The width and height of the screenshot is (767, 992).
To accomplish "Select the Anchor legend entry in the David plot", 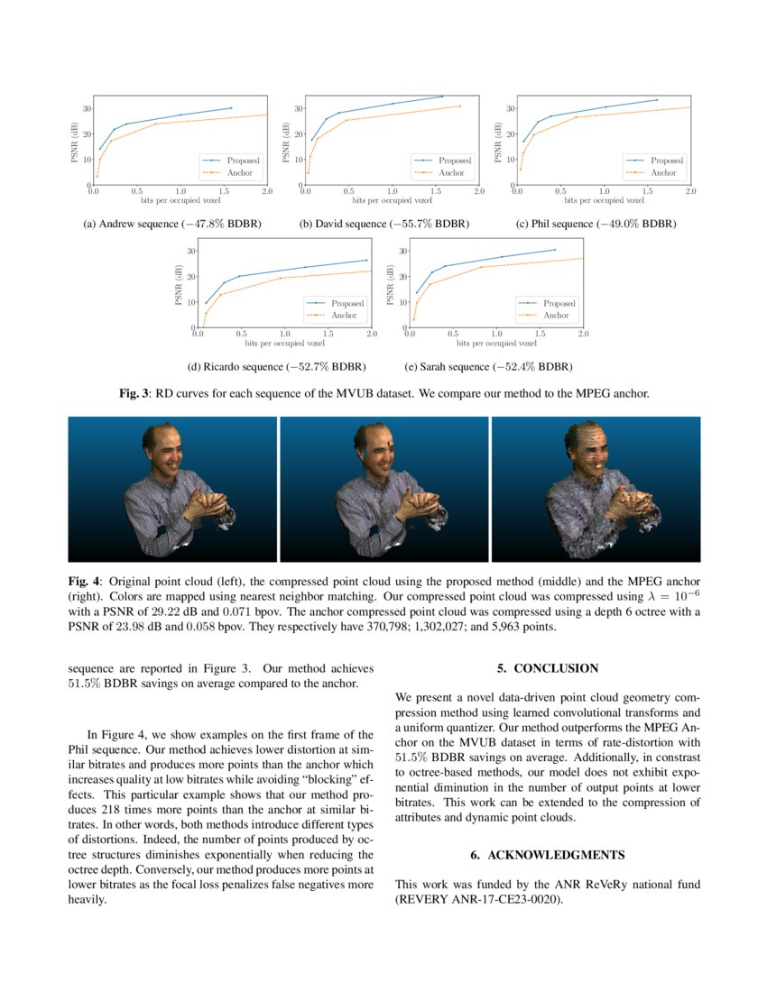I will pos(451,172).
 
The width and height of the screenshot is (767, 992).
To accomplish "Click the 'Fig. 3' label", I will pos(134,394).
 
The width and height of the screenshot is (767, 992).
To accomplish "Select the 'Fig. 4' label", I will pos(84,582).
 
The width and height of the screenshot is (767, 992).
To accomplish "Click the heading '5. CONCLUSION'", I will pos(548,668).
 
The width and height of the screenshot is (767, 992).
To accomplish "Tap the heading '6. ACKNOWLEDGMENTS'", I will pos(548,854).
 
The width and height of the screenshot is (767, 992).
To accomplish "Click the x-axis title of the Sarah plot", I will pos(496,344).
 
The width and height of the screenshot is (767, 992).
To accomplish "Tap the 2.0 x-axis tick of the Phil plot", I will pos(690,192).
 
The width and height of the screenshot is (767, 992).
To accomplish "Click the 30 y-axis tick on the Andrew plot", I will pos(87,109).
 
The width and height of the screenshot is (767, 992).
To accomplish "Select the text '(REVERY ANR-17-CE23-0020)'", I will pos(479,899).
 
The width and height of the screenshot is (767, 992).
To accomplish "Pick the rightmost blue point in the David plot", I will pos(442,96).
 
